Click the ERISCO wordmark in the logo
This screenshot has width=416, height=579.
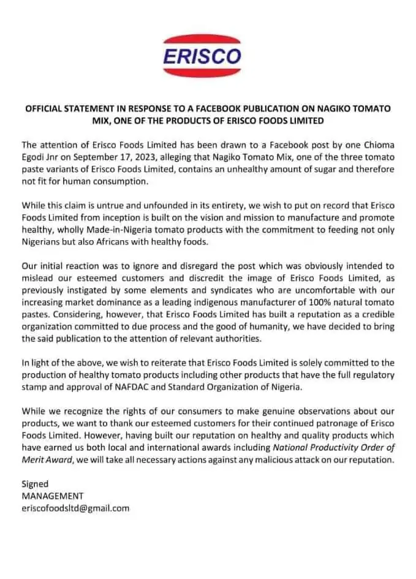coord(203,56)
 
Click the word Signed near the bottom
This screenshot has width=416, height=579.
coord(35,484)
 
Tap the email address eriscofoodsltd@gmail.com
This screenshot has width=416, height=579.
coord(75,508)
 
